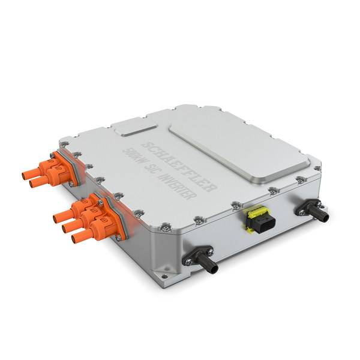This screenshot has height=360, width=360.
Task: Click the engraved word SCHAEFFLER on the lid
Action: [179, 166]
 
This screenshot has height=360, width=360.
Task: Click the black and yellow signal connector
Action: [257, 218]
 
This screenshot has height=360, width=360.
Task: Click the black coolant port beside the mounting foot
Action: [200, 259]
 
